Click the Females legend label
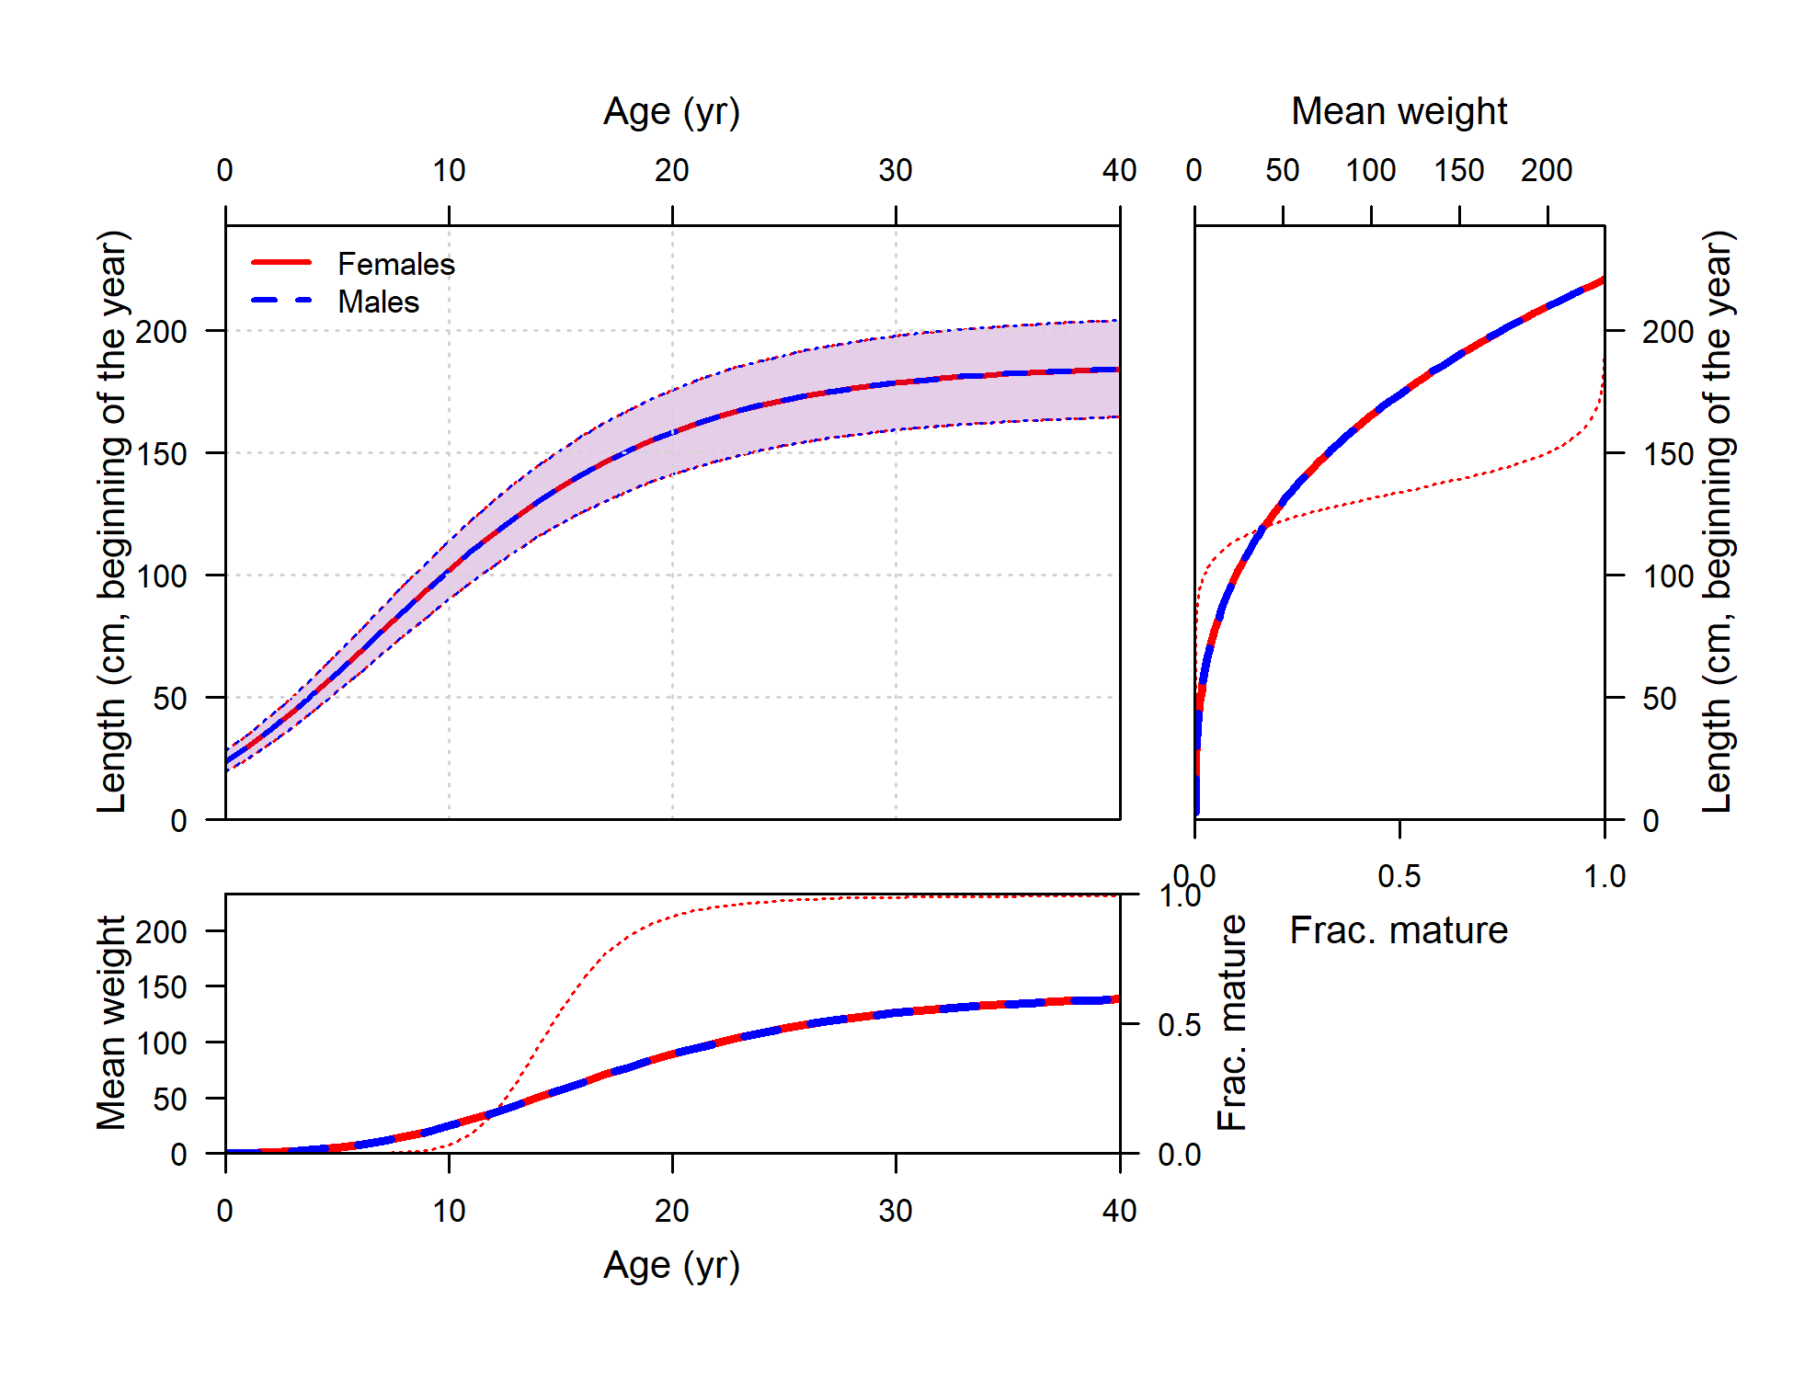click(396, 265)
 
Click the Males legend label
click(378, 302)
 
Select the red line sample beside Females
click(281, 263)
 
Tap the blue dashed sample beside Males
click(281, 301)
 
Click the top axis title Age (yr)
click(671, 112)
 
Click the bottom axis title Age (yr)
click(671, 1266)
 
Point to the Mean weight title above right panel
click(1399, 112)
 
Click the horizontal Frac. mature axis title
click(1399, 931)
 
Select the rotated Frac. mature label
click(1232, 1022)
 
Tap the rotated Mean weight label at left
click(112, 1022)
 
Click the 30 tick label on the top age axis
click(896, 171)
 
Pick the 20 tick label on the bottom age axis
click(672, 1212)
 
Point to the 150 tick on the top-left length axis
click(162, 454)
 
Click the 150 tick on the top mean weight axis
click(1459, 171)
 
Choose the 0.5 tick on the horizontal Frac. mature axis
click(1399, 877)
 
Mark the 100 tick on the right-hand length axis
click(1668, 576)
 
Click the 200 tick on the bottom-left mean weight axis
click(162, 932)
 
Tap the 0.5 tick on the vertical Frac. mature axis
click(1179, 1025)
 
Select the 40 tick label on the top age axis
click(1119, 171)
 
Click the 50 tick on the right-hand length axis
click(1660, 699)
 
